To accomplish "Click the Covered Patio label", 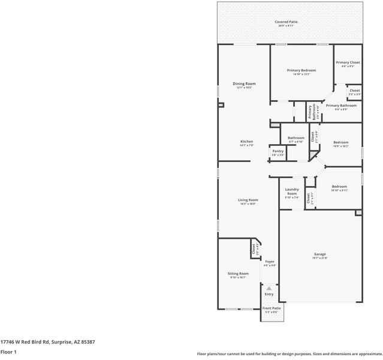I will [287, 22].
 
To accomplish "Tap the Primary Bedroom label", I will [301, 71].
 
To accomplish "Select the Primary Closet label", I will [348, 63].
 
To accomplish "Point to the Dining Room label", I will [243, 84].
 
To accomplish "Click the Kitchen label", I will [246, 142].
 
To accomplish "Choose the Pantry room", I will [278, 152].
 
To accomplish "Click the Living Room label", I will [248, 200].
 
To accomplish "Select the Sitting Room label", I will [238, 274].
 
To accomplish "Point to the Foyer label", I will [270, 262].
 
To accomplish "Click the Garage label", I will [319, 255].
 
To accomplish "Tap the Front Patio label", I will [271, 309].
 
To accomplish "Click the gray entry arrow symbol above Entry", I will [269, 288].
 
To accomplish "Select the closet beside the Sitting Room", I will [254, 248].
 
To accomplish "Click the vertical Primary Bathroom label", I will [310, 112].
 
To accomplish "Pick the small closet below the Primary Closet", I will [354, 91].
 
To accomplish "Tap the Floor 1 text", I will [8, 352].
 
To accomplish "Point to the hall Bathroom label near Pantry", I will [296, 139].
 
